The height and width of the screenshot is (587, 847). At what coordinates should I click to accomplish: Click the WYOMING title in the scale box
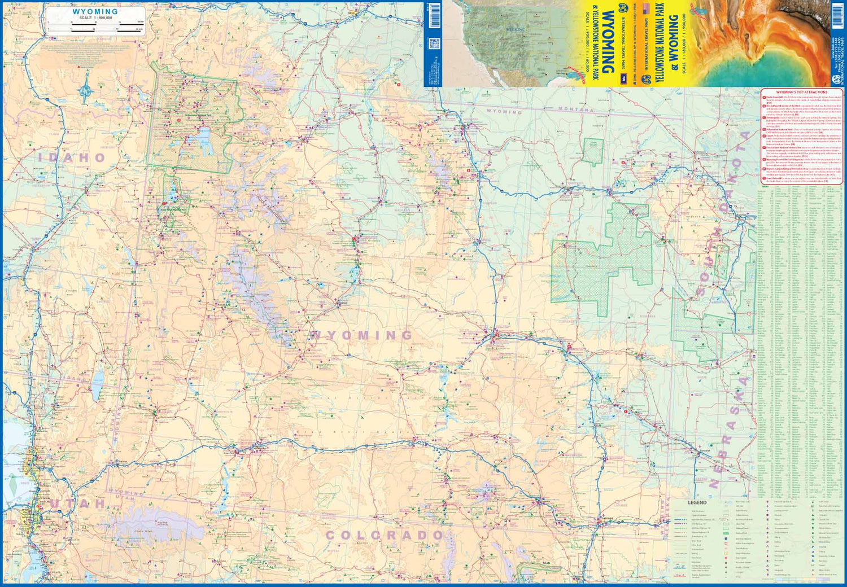95,11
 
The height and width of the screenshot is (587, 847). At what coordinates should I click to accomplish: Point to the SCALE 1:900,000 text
95,18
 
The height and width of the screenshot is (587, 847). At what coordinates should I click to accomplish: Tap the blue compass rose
86,90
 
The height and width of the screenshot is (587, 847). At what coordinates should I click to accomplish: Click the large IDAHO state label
72,157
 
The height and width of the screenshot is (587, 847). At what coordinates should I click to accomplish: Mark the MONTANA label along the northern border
576,109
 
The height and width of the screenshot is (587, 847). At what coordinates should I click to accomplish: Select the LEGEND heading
697,502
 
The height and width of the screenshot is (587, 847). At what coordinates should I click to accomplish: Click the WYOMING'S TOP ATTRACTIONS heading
801,92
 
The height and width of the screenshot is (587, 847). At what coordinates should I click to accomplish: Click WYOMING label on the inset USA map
514,29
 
